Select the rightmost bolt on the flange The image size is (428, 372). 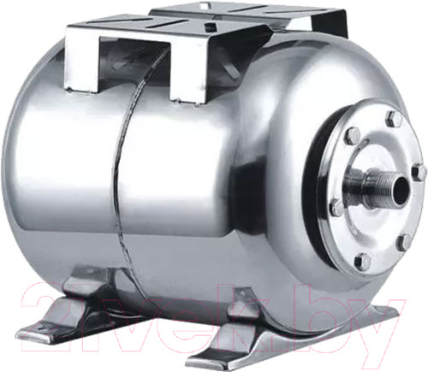tap(418, 172)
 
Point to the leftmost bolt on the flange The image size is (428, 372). tap(337, 207)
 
